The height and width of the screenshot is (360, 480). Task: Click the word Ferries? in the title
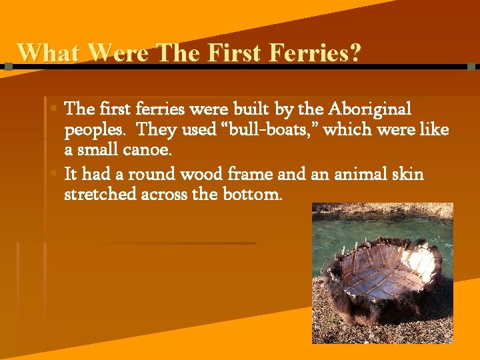point(313,52)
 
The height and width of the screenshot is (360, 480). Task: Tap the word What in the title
point(48,52)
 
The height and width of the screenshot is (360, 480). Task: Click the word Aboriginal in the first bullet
point(370,109)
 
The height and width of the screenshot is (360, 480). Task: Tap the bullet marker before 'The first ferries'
point(54,107)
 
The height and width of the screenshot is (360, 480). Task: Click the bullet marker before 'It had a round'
point(54,173)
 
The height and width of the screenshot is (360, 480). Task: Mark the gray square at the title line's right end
point(471,67)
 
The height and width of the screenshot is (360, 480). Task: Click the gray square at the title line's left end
point(8,67)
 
